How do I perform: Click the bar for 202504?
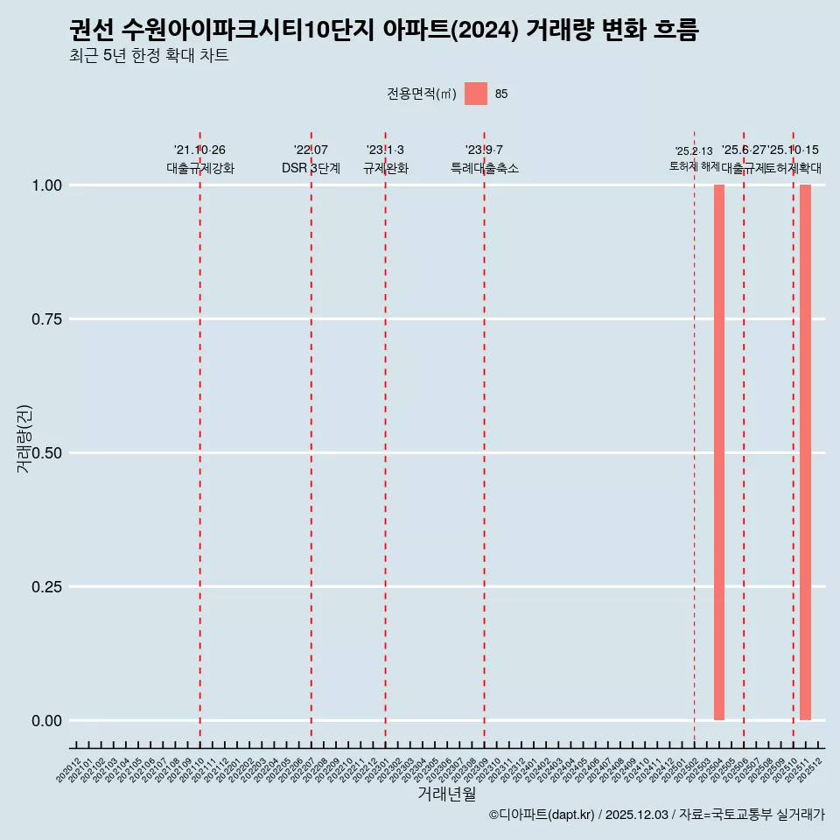click(x=719, y=452)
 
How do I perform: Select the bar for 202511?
click(x=805, y=452)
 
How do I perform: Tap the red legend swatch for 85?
click(x=476, y=94)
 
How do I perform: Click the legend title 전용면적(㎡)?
click(x=422, y=94)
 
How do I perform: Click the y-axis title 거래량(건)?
click(x=24, y=439)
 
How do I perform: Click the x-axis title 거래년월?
click(x=446, y=794)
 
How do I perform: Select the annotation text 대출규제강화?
click(x=200, y=168)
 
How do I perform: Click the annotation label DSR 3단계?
click(x=311, y=168)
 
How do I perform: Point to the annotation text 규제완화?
click(x=386, y=168)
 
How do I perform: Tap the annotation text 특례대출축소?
click(x=485, y=168)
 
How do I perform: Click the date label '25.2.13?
click(x=694, y=151)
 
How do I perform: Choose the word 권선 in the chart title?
click(x=91, y=31)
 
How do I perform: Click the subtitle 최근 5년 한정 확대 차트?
click(x=149, y=56)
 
